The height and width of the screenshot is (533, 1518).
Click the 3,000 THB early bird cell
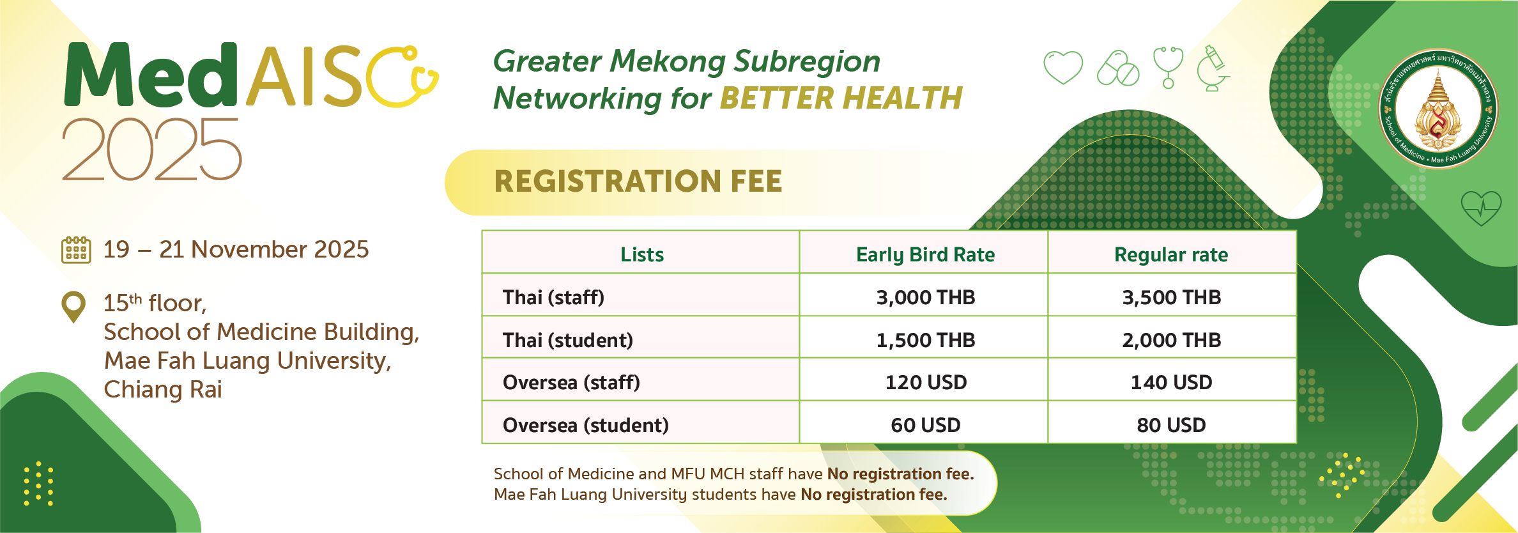925,297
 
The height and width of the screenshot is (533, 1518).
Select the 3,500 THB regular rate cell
1172,297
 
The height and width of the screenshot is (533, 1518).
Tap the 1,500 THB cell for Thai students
925,340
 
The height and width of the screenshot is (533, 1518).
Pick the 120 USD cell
926,382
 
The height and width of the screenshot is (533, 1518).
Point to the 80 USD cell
1171,425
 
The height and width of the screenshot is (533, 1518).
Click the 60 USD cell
926,425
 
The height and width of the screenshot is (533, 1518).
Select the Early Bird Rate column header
925,254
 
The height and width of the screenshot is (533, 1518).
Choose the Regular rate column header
1171,254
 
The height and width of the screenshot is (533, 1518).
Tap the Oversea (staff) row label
571,382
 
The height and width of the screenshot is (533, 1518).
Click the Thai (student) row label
568,340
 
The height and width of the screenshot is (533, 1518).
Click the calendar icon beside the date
76,250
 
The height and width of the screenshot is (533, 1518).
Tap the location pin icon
73,307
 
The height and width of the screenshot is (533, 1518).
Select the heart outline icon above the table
1063,67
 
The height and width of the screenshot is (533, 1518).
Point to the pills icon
1118,68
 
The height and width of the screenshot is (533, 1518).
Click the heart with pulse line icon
1481,208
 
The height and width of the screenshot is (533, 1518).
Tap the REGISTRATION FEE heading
638,182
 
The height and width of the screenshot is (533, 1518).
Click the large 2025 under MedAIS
152,150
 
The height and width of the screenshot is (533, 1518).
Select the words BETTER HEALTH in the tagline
841,98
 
